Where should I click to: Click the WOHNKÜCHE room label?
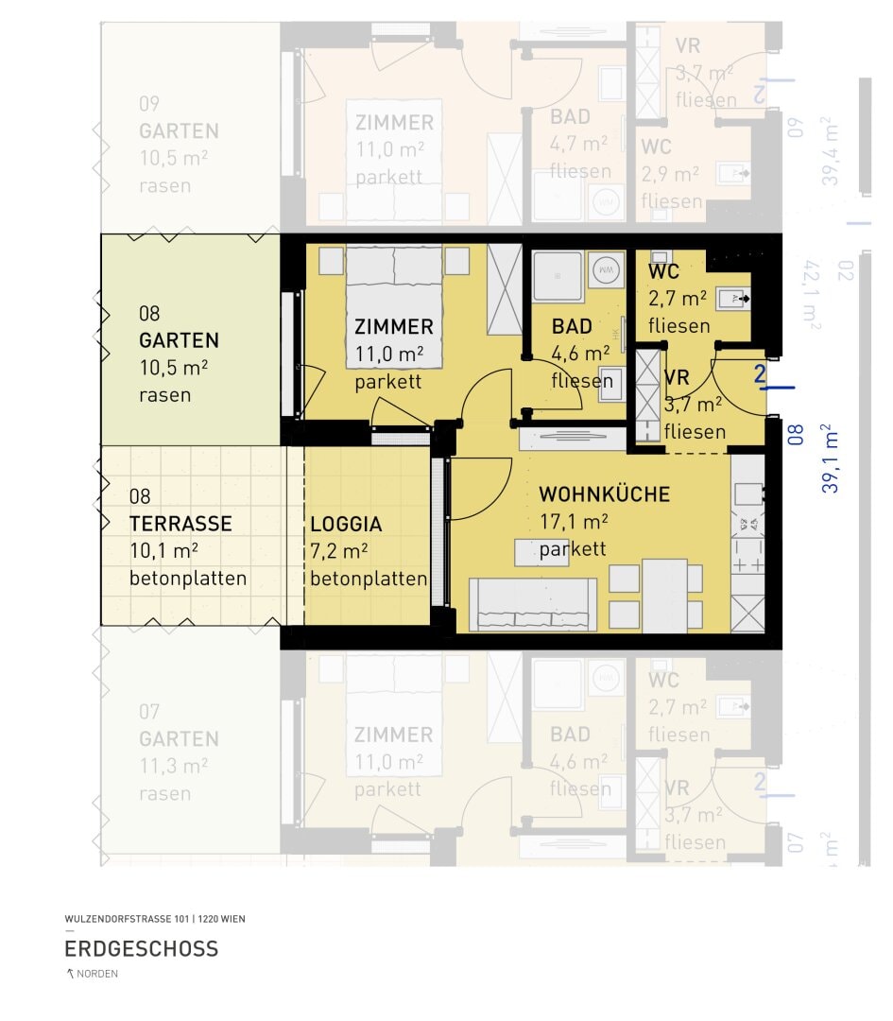(x=604, y=494)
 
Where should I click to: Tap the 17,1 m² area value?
(x=573, y=522)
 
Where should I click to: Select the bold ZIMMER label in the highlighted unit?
(x=393, y=327)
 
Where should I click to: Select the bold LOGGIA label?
(x=346, y=524)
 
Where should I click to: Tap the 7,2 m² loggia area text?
(x=338, y=551)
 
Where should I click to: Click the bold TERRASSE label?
(x=180, y=524)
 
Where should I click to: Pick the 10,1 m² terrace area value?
(x=163, y=551)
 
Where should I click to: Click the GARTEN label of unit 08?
(x=179, y=340)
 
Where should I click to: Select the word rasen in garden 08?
(x=164, y=395)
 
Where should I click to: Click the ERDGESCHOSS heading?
(x=141, y=948)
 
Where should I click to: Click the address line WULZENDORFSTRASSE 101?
(x=154, y=919)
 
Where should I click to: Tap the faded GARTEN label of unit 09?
(x=179, y=131)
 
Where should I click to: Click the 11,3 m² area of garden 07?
(x=173, y=767)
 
